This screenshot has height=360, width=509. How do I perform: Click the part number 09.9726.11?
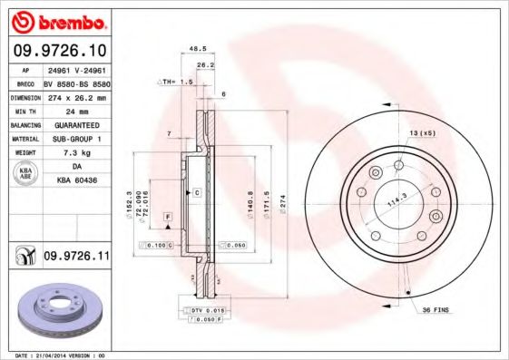76,258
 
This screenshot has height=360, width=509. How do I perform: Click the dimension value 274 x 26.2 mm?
76,95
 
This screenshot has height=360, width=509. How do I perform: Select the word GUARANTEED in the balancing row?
76,124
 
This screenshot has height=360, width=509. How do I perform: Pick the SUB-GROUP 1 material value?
76,139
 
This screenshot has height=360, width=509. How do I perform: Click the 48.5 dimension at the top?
193,49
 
